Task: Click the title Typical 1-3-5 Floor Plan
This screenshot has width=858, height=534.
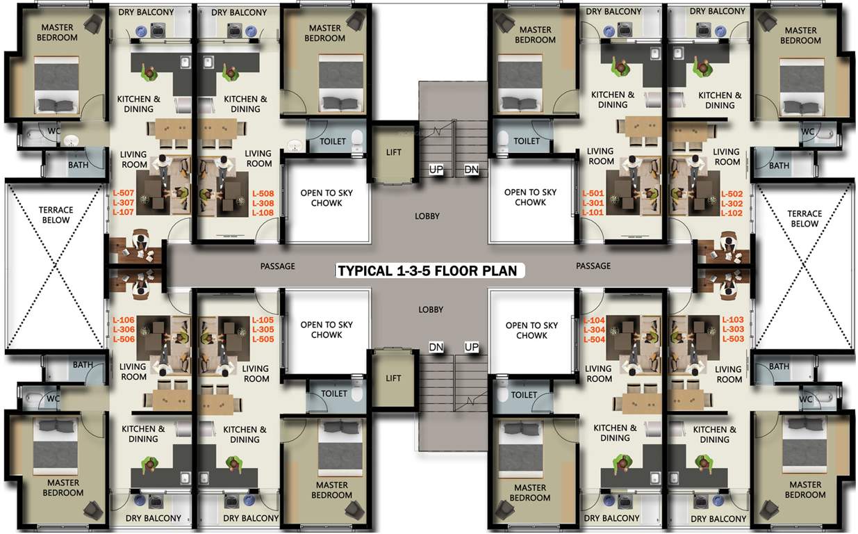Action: pos(427,270)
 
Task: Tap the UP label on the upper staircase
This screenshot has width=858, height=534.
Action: pos(436,170)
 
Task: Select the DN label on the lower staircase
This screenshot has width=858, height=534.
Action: pos(436,347)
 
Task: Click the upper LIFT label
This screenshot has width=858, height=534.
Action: pos(393,152)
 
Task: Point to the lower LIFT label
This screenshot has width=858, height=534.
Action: pos(393,378)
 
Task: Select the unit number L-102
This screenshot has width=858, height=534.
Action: pos(732,213)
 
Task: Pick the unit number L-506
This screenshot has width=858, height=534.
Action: pos(123,340)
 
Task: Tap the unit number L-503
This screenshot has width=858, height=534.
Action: pos(733,339)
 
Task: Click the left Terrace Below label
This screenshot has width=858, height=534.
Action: pos(56,215)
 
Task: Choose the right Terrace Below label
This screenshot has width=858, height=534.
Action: pos(805,219)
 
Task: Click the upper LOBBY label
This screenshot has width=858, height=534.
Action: pos(427,216)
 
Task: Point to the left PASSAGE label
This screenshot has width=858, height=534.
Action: pos(278,266)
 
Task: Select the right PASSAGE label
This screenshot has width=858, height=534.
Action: pos(593,266)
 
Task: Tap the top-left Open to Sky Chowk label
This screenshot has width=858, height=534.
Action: pos(327,197)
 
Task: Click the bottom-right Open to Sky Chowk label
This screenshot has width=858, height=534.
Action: pos(531,330)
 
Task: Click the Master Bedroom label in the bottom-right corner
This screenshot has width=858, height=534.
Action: pos(805,489)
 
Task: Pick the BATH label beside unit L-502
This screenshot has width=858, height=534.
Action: pos(779,165)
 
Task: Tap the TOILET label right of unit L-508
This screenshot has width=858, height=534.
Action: pos(333,141)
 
